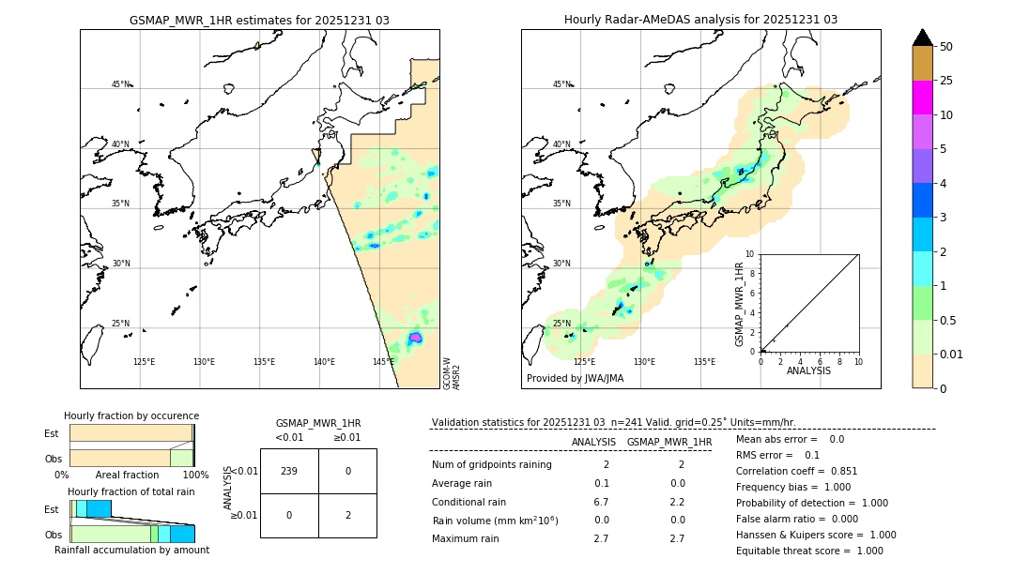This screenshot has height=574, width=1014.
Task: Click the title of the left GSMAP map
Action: [259, 20]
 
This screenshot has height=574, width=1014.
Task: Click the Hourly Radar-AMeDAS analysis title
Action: [700, 20]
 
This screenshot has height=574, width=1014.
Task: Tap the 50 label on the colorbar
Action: [947, 47]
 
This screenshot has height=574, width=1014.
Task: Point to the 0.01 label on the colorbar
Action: [952, 354]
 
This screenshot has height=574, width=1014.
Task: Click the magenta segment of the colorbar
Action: [922, 98]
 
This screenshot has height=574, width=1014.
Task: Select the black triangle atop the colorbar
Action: [922, 38]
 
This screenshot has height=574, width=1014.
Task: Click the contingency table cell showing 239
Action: [289, 471]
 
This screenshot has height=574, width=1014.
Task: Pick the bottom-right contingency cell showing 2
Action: [347, 515]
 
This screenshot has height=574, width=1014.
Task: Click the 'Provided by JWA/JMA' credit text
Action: [575, 379]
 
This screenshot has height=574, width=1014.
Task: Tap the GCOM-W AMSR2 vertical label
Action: [452, 372]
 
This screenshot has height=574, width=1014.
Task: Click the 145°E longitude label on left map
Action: [383, 362]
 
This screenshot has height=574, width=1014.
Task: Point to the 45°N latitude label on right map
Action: [561, 84]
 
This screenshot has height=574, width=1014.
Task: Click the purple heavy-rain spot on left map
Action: [415, 338]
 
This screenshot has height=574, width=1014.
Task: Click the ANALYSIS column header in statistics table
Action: [593, 442]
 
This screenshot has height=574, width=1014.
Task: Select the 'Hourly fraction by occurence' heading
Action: [131, 415]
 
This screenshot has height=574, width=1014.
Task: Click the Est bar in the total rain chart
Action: [92, 508]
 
